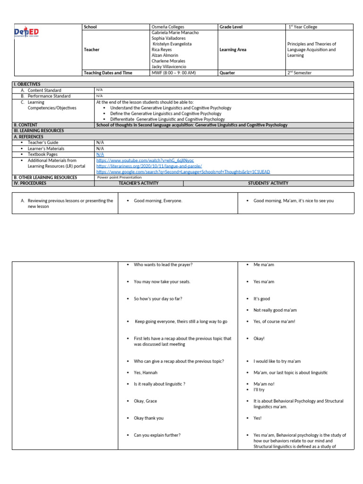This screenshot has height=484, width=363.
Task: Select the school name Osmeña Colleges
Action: pyautogui.click(x=168, y=27)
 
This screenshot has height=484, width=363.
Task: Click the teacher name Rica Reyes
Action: pyautogui.click(x=162, y=50)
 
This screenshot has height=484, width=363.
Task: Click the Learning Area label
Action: pyautogui.click(x=233, y=50)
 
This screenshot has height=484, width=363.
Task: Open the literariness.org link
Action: pyautogui.click(x=149, y=166)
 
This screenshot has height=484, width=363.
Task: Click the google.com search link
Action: pyautogui.click(x=184, y=172)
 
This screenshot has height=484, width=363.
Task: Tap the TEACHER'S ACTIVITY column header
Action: pyautogui.click(x=138, y=183)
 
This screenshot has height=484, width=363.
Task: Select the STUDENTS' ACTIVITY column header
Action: pyautogui.click(x=268, y=183)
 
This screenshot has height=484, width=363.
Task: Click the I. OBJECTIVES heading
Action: pyautogui.click(x=27, y=84)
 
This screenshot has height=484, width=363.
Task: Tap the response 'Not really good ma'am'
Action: pyautogui.click(x=275, y=310)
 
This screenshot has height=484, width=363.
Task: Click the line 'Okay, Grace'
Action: pyautogui.click(x=145, y=401)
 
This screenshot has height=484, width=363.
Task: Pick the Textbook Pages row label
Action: pyautogui.click(x=43, y=155)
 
